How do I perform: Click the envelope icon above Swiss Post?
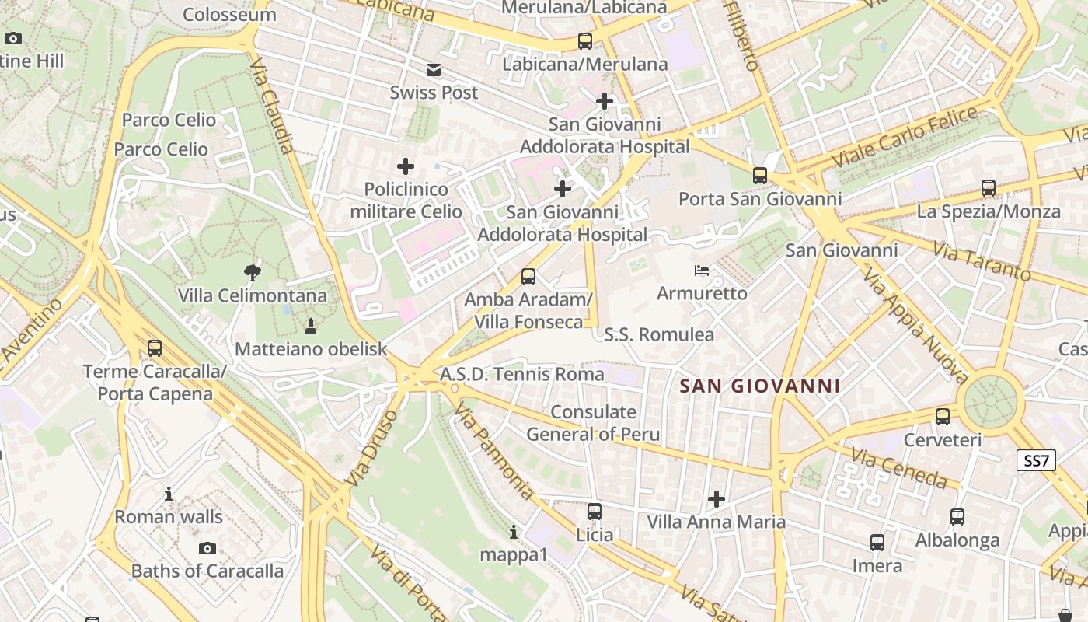tap(434, 71)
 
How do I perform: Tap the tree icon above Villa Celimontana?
tap(252, 272)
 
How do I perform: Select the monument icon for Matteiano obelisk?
tap(311, 325)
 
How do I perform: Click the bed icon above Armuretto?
tap(702, 271)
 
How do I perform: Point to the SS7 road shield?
tap(1037, 460)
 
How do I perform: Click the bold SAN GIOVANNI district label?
tap(759, 386)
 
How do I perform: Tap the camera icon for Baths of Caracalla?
tap(207, 548)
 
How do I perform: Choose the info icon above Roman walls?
tap(169, 494)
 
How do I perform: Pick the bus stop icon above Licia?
tap(595, 511)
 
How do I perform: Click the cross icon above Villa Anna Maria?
tap(717, 498)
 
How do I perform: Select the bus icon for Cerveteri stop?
tap(943, 417)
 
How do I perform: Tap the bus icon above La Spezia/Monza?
tap(988, 188)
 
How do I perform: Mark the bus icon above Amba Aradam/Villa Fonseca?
tap(528, 276)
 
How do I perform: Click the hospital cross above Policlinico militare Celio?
tap(406, 166)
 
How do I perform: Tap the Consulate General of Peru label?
tap(593, 423)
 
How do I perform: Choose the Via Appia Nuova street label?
tap(915, 326)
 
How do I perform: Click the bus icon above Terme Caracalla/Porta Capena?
tap(155, 348)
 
